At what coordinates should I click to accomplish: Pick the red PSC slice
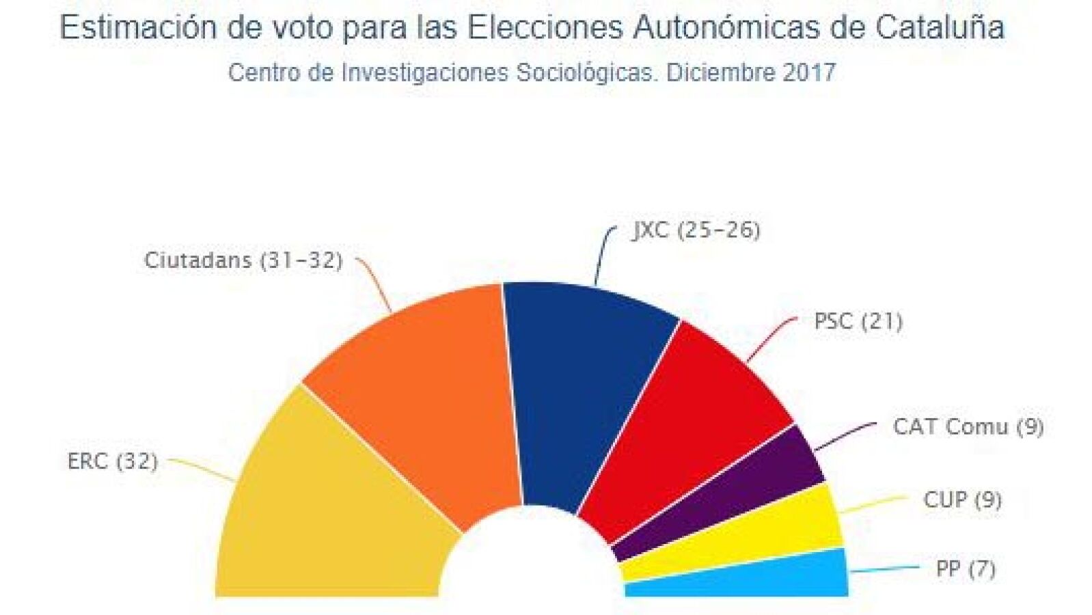tap(683, 429)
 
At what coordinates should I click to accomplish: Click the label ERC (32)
tap(113, 462)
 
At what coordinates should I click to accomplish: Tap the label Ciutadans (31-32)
tap(244, 261)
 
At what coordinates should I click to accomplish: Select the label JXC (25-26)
tap(696, 230)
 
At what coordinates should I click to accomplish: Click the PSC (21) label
tap(858, 322)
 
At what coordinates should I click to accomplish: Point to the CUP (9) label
tap(963, 500)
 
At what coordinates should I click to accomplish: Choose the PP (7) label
tap(966, 569)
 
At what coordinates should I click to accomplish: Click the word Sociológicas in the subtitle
tap(584, 73)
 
